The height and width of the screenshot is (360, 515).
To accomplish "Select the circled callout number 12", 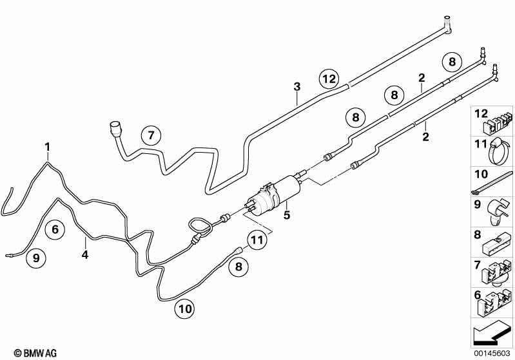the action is coord(329,79).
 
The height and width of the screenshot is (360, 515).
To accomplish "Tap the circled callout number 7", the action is coord(151,135).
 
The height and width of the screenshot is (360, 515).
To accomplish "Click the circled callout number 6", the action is coord(55,229).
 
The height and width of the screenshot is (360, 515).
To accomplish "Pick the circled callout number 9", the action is coord(36,258).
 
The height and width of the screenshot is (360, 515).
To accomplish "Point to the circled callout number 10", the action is coord(185,309).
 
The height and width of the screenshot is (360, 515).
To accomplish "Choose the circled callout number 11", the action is coord(257,240).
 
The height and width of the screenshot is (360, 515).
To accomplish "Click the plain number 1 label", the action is coord(48,147).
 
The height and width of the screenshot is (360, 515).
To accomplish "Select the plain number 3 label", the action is coord(297,87).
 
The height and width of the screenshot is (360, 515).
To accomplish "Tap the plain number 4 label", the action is coord(85,254).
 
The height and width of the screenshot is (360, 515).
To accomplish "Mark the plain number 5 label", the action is coord(287,215).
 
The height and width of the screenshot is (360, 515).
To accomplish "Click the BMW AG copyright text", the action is coord(35,353).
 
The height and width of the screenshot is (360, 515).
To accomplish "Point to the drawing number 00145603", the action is coord(492,353).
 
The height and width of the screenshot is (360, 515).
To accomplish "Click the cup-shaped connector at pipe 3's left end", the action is coord(115,128).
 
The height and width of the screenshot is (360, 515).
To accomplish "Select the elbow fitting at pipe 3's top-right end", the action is coord(447,24).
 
